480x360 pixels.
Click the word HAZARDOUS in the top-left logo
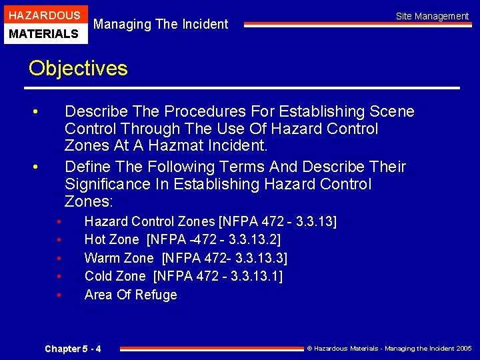[44, 15]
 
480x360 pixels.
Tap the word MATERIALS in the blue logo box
[44, 33]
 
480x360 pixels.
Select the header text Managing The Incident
[161, 25]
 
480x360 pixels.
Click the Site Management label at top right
[432, 16]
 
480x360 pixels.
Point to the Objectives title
[78, 68]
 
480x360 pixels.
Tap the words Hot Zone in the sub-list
[111, 239]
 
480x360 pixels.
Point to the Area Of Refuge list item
[131, 295]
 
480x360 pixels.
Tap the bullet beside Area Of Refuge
[59, 295]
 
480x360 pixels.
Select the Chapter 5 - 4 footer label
[73, 349]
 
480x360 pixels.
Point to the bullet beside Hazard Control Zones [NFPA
[59, 221]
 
